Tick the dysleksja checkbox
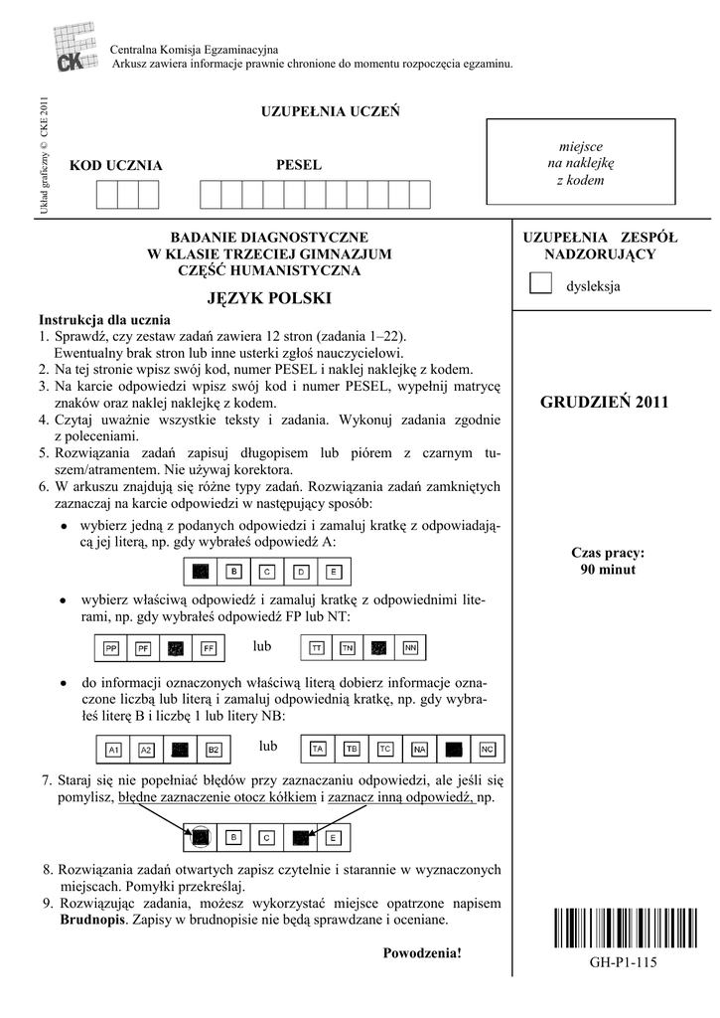(x=540, y=284)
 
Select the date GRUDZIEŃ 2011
(x=605, y=403)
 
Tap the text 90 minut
(x=608, y=570)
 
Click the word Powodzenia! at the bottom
(x=422, y=953)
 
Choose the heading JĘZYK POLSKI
(x=269, y=298)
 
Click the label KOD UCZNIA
(x=115, y=165)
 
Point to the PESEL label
(x=298, y=164)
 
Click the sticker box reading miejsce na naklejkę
(x=580, y=163)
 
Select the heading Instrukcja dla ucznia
(x=104, y=320)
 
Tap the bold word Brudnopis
(x=92, y=921)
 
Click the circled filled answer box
(x=201, y=837)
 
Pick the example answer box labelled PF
(x=144, y=648)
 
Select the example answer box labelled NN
(x=409, y=648)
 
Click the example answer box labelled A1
(x=113, y=749)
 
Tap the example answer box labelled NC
(x=487, y=748)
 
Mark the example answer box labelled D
(x=302, y=572)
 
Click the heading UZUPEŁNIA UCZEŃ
(x=330, y=111)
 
